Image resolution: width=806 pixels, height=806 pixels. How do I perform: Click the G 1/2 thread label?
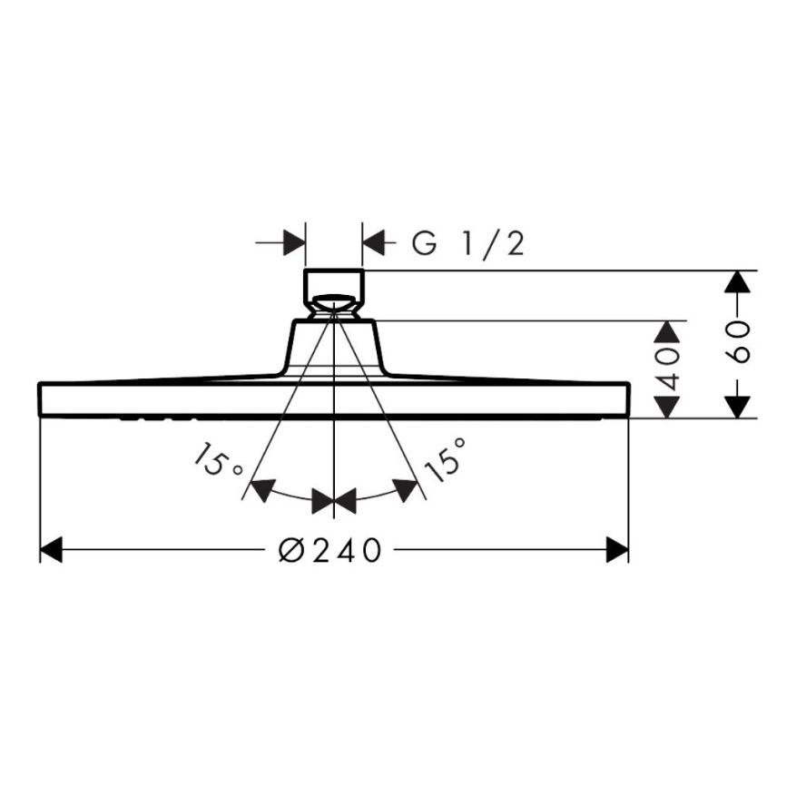coord(467,243)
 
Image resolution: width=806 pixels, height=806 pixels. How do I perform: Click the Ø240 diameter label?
coord(330,550)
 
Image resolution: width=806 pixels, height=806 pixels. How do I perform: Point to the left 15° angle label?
coord(216,459)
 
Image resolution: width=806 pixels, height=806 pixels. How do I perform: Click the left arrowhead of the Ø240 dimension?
coord(51,549)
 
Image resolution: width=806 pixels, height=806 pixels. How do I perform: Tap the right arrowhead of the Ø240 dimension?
coord(617,549)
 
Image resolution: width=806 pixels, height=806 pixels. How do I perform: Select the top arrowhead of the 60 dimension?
coord(738,281)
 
